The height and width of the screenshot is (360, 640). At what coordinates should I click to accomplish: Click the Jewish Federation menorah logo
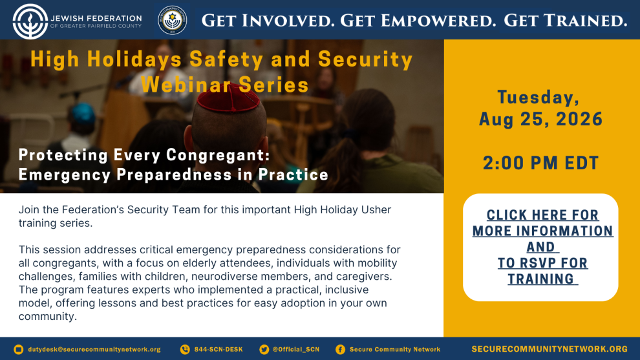pos(30,21)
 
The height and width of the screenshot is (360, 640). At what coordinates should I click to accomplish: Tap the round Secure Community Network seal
pos(173,20)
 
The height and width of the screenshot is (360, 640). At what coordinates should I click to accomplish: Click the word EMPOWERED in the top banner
pos(418,21)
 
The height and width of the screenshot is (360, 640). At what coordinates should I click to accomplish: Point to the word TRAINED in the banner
pos(582,21)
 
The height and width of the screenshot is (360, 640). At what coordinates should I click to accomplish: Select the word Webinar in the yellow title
pos(186,85)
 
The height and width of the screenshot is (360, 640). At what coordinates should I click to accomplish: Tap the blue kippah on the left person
pos(83,113)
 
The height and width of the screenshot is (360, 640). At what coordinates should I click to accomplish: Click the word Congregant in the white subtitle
pos(218,155)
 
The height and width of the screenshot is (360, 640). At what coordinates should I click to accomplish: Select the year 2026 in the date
pos(579,119)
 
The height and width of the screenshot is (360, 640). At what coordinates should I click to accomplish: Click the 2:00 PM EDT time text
pos(541,163)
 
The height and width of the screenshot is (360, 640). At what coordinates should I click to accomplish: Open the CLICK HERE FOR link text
pos(542,215)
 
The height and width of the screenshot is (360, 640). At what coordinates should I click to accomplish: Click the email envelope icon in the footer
pos(18,350)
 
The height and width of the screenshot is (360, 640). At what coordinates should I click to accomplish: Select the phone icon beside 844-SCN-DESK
pos(185,350)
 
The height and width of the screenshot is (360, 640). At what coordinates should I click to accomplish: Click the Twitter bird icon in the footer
pos(264,350)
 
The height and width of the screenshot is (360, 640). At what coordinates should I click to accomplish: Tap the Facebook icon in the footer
pos(341,350)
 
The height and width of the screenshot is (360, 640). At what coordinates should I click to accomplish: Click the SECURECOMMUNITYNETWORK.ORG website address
pos(549,350)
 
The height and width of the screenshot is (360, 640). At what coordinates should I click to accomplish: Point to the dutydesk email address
pos(94,350)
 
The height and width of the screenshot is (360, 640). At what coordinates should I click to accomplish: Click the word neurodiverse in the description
pos(224,277)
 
